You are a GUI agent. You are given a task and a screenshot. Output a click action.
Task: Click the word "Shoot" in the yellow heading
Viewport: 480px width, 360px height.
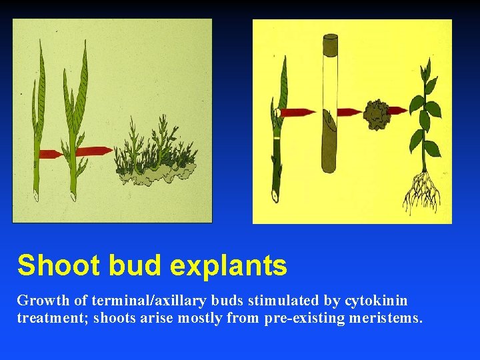click(54, 265)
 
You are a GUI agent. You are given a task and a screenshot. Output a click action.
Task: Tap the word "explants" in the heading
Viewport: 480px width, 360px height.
click(229, 265)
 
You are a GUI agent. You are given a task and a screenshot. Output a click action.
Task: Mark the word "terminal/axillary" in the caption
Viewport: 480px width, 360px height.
click(126, 301)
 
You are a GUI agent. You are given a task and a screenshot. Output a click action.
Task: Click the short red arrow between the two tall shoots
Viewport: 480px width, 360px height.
click(51, 154)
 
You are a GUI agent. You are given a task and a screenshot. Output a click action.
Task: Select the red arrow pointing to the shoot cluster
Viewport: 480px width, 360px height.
click(95, 151)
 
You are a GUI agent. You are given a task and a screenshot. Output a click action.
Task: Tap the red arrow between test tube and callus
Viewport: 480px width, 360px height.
click(349, 111)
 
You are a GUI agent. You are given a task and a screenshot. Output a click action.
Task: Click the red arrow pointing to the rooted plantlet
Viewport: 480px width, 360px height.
click(397, 110)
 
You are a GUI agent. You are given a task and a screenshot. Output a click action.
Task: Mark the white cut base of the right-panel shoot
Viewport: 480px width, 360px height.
click(273, 197)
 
